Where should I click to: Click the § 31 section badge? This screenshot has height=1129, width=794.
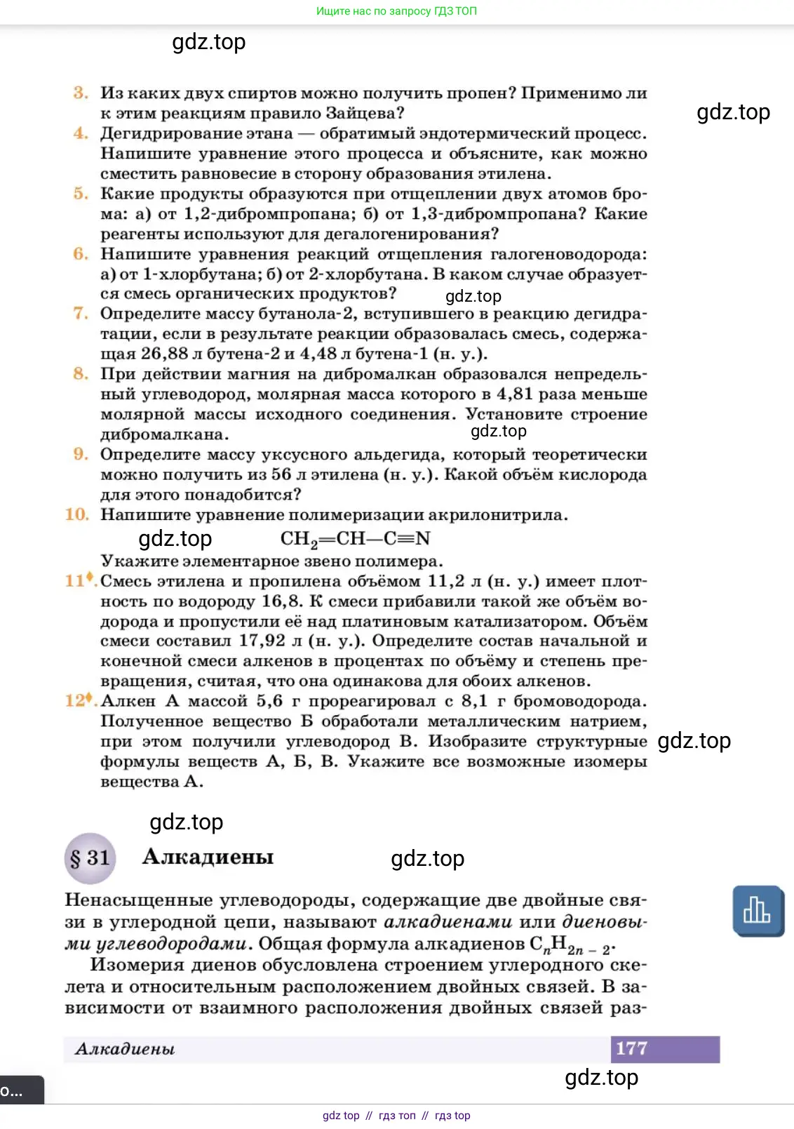pos(90,857)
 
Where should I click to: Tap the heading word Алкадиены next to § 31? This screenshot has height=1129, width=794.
pos(208,857)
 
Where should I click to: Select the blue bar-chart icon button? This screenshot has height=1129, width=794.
pos(758,911)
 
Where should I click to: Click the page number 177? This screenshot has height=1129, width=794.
pos(631,1048)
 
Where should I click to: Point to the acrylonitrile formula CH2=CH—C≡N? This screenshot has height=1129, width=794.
pos(355,539)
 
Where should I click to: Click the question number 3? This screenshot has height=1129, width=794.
pos(81,93)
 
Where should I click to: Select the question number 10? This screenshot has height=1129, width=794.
pos(77,514)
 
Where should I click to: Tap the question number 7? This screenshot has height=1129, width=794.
pos(81,313)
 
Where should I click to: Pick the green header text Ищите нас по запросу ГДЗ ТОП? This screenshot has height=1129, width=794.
pos(396,11)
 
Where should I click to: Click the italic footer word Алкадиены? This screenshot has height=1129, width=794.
pos(125,1049)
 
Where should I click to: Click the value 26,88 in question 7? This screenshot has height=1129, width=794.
pos(164,354)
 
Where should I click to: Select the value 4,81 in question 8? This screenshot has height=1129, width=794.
pos(514,394)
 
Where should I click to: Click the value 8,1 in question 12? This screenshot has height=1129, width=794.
pos(474,701)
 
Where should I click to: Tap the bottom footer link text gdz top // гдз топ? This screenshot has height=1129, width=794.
pos(396,1116)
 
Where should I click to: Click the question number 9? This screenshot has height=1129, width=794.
pos(81,454)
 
